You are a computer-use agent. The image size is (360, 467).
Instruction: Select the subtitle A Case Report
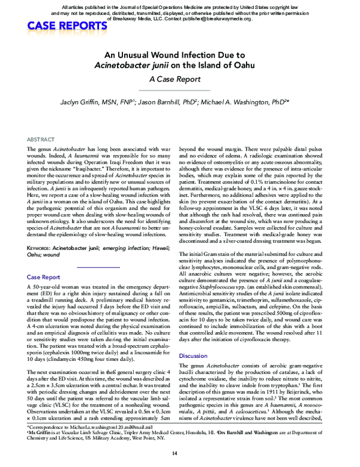[x=179, y=79]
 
